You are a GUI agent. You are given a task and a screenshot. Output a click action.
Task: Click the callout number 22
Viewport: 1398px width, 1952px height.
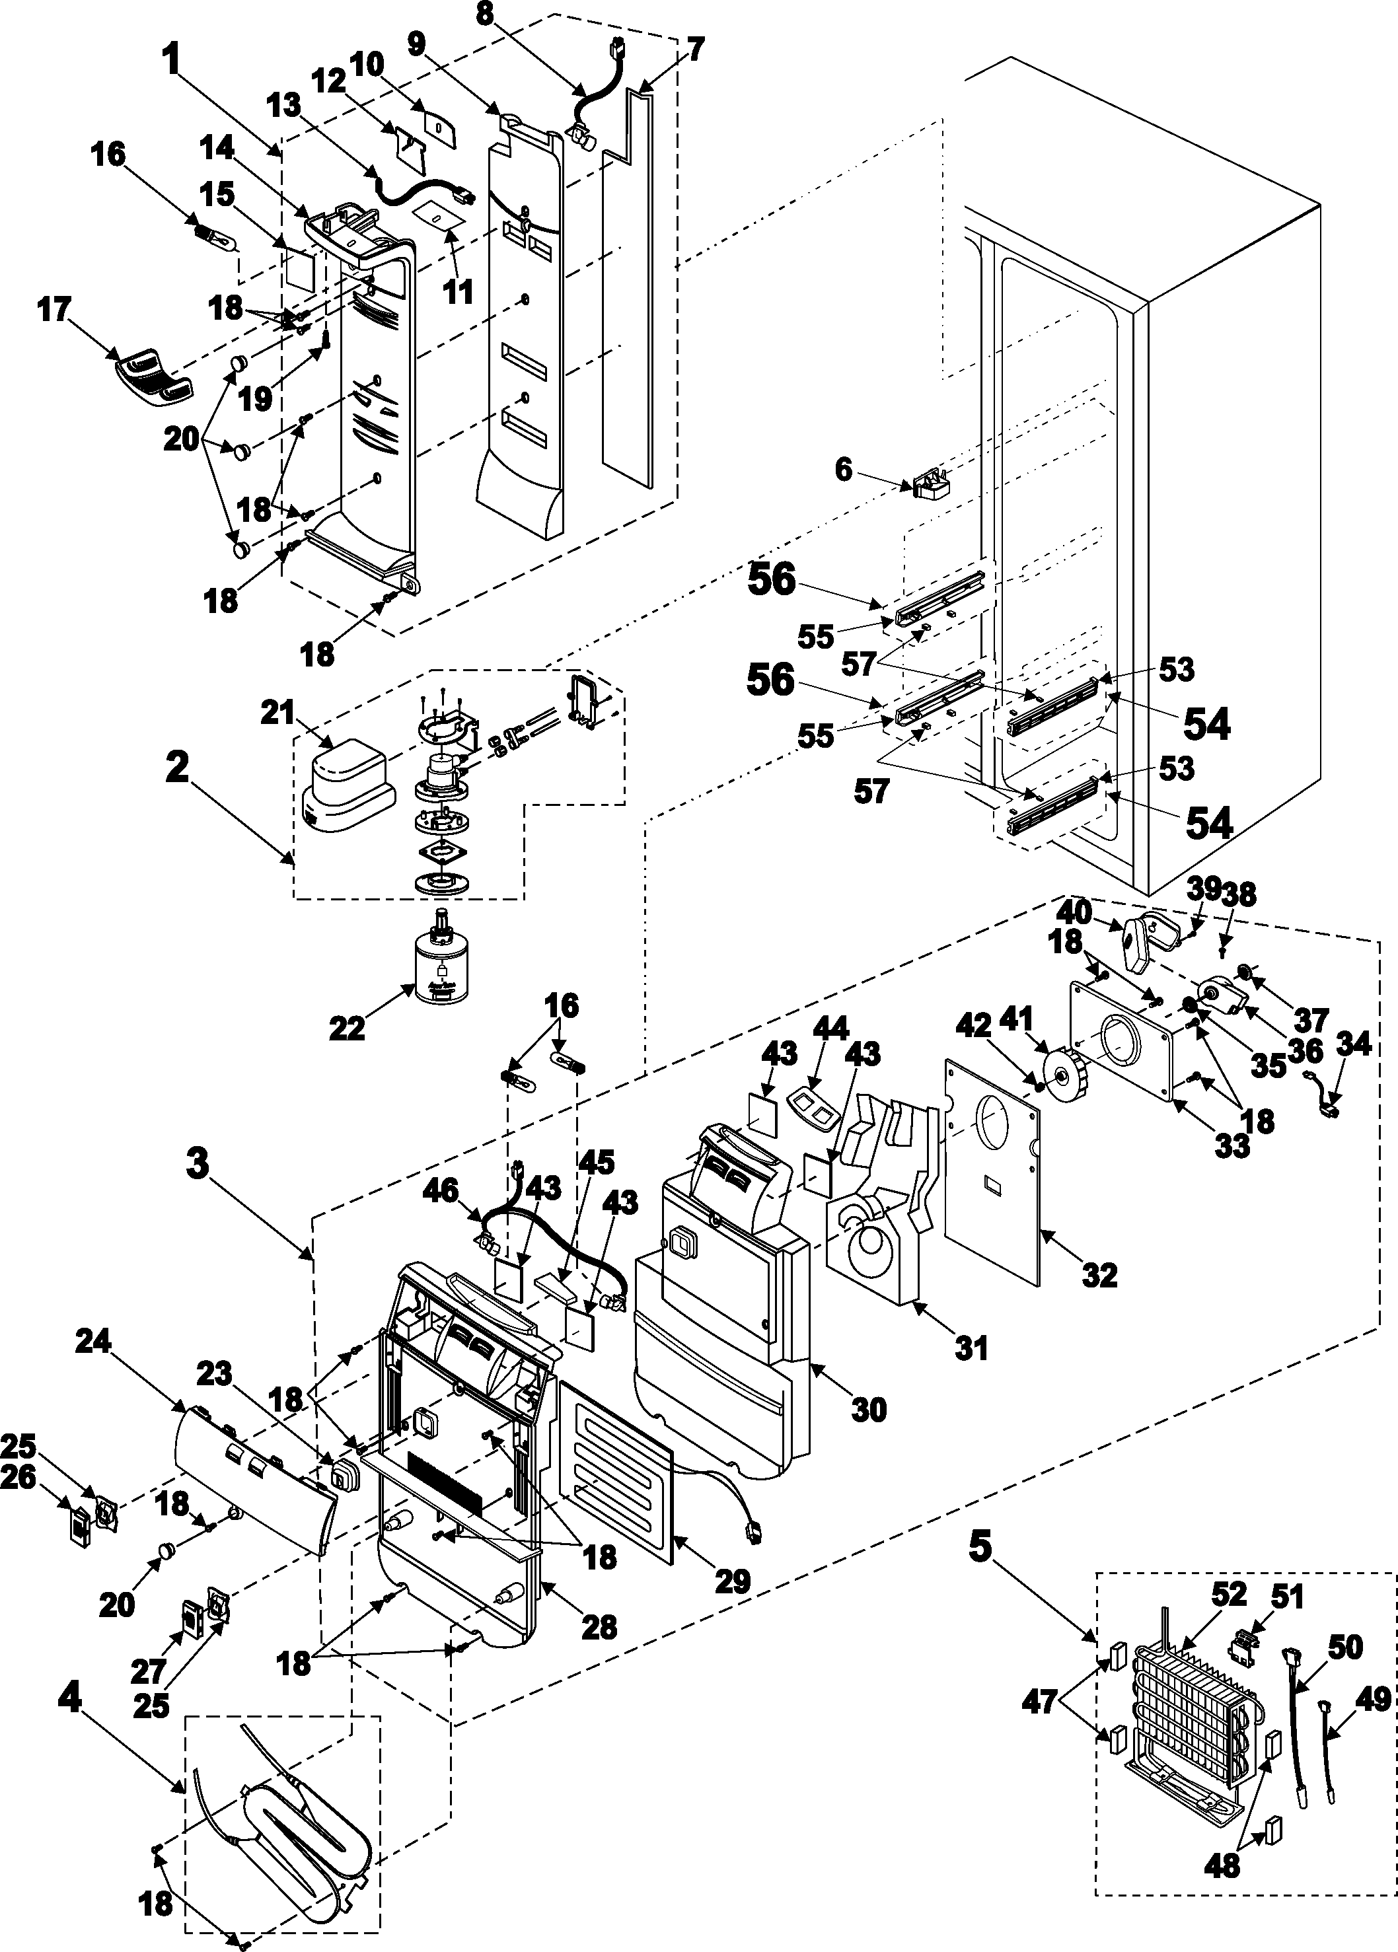(x=348, y=1028)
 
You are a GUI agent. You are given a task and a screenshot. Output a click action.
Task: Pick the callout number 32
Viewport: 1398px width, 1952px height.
(x=1099, y=1276)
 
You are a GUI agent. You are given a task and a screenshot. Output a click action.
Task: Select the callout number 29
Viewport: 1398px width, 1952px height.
(x=733, y=1580)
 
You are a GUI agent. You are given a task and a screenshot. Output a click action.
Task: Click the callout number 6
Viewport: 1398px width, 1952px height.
(x=843, y=469)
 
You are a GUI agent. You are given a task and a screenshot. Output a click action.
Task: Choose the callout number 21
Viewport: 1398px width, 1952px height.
(x=278, y=713)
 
